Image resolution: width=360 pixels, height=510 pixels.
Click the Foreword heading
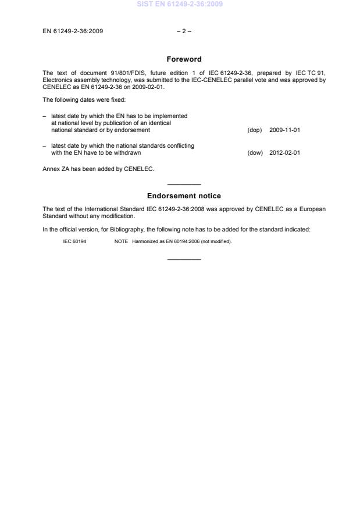(x=184, y=59)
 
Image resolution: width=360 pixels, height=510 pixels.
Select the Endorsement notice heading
(x=184, y=196)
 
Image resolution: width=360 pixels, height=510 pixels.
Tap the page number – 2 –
(x=184, y=31)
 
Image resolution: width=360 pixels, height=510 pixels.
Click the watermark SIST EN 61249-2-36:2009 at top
(x=180, y=5)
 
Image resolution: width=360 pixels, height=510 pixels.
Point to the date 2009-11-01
(x=284, y=130)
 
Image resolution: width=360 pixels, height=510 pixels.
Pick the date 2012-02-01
(x=284, y=153)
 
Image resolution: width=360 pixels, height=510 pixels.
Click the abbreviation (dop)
(x=255, y=130)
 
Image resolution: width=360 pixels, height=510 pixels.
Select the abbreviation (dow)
(x=255, y=153)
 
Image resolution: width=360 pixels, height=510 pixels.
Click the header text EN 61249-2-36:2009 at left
(x=73, y=31)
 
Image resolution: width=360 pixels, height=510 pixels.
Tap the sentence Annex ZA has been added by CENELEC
(x=98, y=169)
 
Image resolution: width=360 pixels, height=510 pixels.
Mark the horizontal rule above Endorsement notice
(x=184, y=184)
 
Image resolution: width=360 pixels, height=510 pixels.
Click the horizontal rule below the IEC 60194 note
(x=184, y=259)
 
